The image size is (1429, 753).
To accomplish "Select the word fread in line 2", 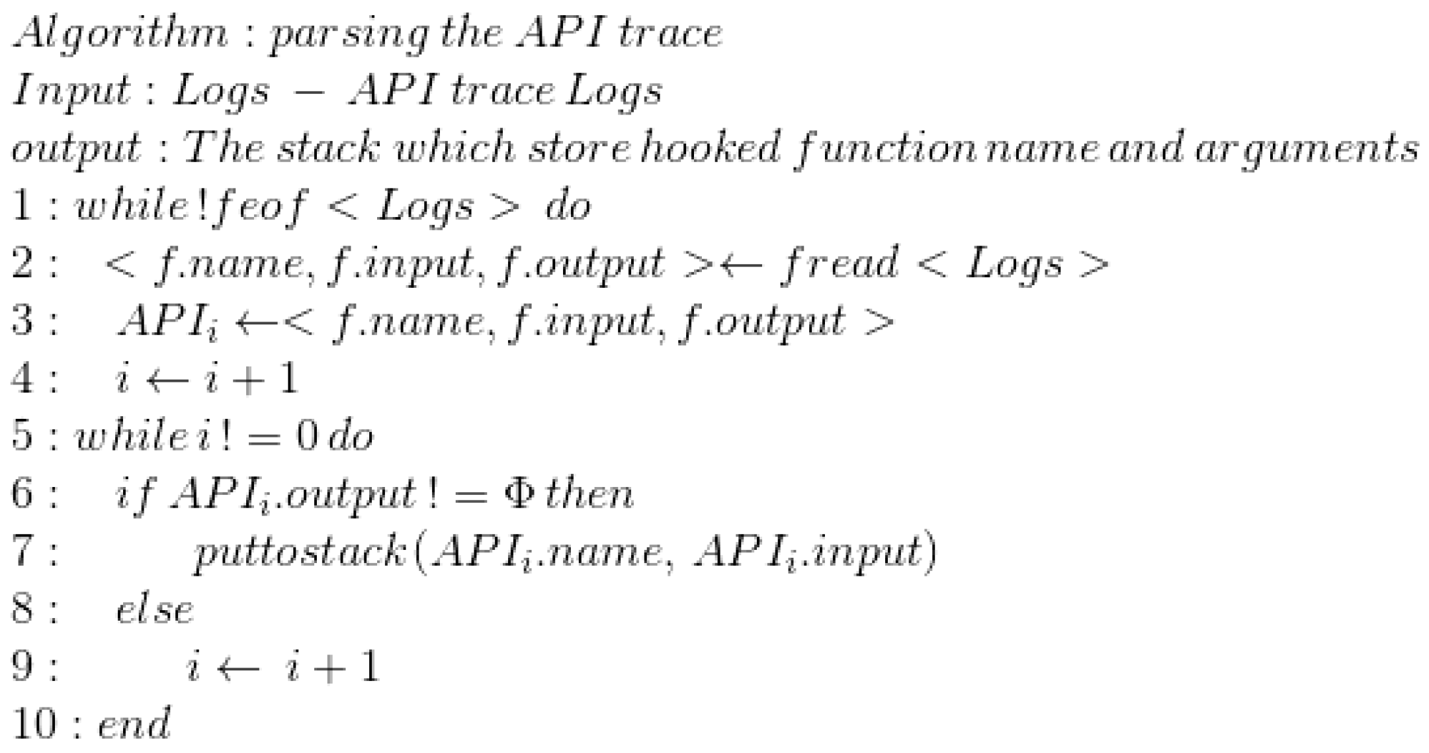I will [x=839, y=264].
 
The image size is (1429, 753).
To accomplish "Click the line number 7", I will [x=25, y=552].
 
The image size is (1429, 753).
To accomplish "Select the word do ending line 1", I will [x=568, y=206].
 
